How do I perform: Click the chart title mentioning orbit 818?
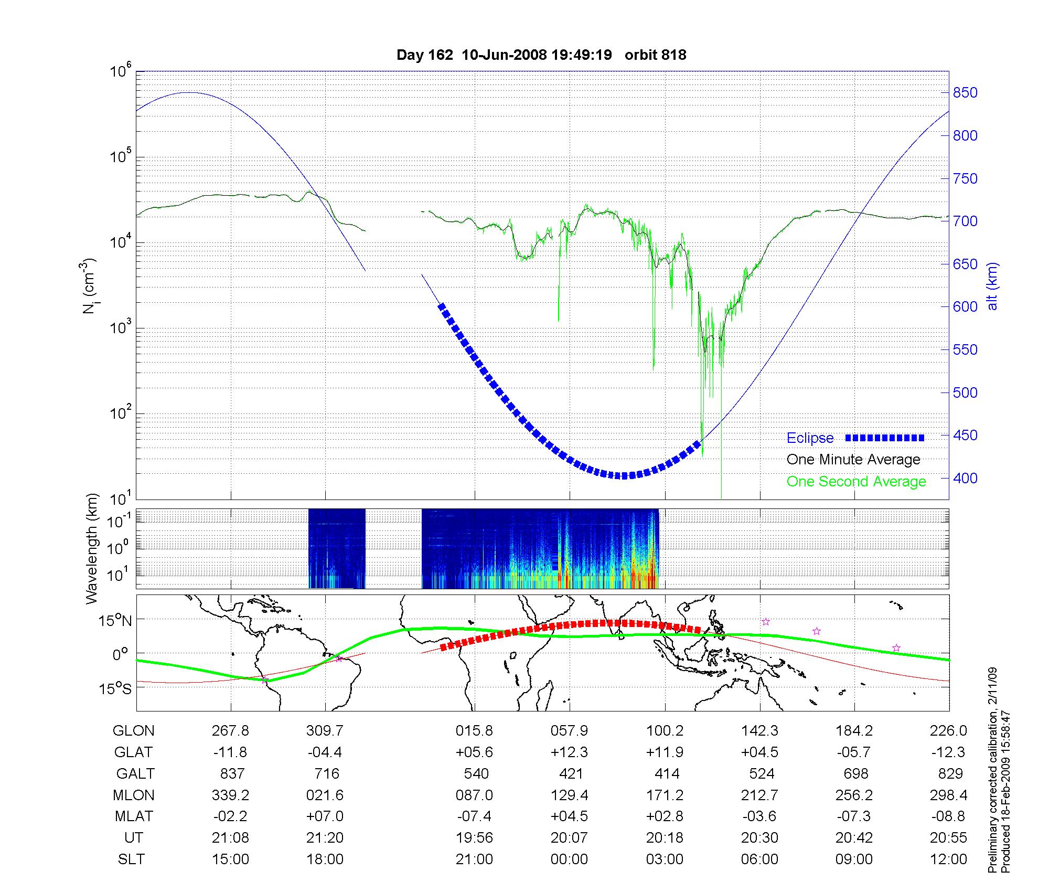click(x=541, y=55)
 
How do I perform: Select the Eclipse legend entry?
click(x=810, y=438)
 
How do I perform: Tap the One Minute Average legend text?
click(x=853, y=460)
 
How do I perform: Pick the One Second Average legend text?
click(x=856, y=482)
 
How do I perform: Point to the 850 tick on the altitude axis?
click(x=965, y=93)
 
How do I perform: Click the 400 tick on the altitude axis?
click(x=965, y=478)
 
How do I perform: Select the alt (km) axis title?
click(x=992, y=286)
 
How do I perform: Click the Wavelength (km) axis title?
click(x=92, y=548)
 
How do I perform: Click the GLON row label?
click(x=134, y=731)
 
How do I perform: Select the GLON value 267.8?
click(x=230, y=731)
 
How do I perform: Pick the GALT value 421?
click(x=571, y=774)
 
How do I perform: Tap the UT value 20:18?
click(x=665, y=838)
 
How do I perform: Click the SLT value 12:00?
click(x=948, y=859)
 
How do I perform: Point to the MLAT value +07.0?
click(x=325, y=816)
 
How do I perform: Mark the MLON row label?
click(x=134, y=795)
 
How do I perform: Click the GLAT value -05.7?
click(x=854, y=752)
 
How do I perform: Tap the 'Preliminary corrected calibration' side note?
click(x=992, y=771)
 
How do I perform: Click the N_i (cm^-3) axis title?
click(x=89, y=286)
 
